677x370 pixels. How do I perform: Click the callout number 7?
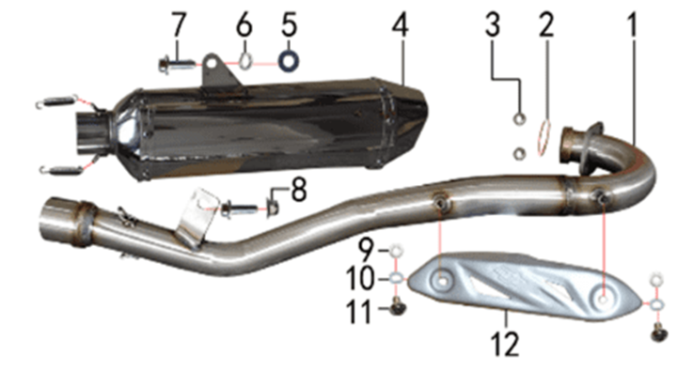point(179,25)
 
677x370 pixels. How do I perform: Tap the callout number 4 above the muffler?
point(401,25)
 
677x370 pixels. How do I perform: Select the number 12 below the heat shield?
point(504,345)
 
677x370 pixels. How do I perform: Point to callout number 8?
point(299,191)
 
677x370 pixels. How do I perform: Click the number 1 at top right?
point(632,25)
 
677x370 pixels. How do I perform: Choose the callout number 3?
point(493,25)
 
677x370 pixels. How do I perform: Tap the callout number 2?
point(545,25)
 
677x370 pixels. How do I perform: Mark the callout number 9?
point(367,251)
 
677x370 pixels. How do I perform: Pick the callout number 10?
point(360,279)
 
